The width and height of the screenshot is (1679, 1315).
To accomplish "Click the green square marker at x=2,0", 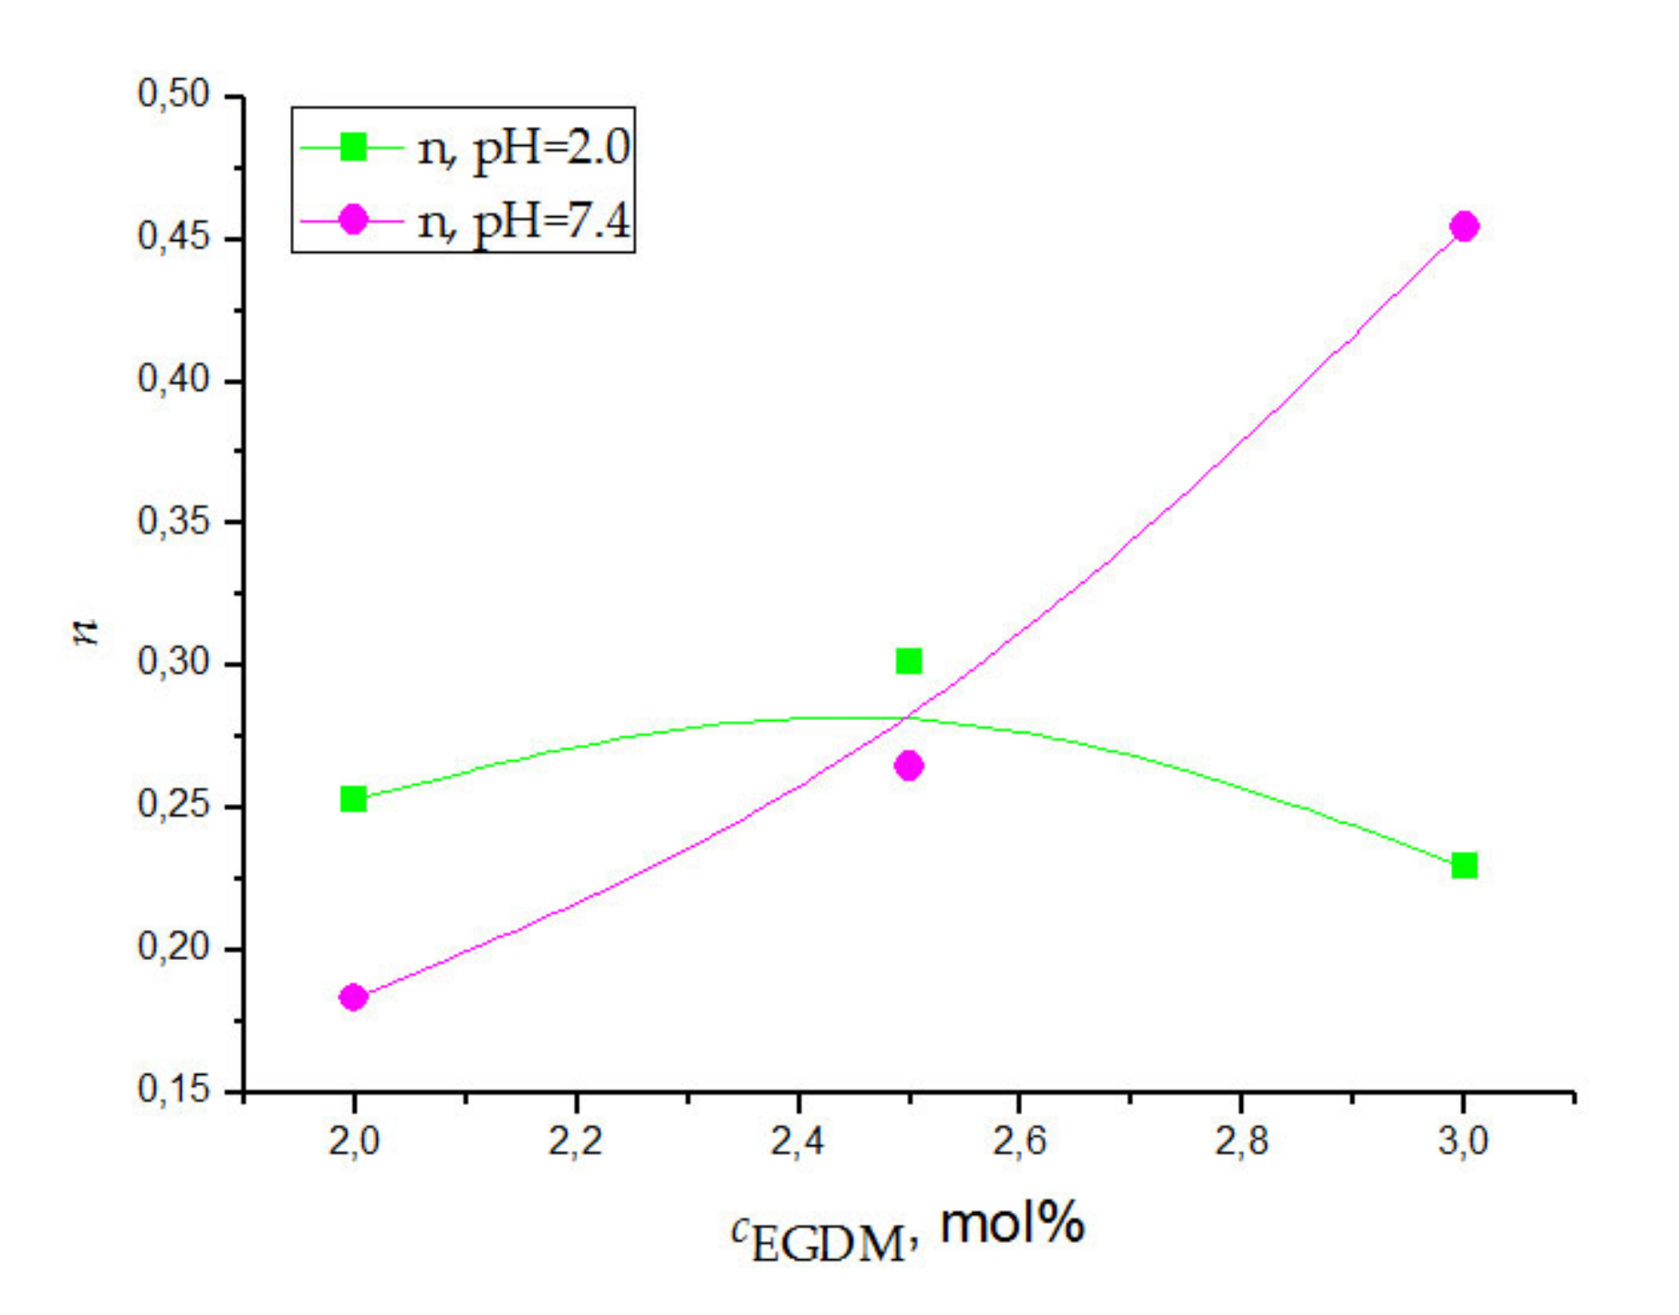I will (353, 799).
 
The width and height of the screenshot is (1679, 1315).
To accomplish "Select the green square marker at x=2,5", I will (909, 661).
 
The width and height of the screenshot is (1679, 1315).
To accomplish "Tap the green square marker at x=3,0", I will (1465, 865).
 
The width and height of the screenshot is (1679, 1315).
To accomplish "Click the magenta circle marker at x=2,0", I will (353, 997).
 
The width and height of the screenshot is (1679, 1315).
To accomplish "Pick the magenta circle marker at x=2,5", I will (909, 766).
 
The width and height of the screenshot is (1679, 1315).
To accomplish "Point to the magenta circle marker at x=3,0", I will (1465, 226).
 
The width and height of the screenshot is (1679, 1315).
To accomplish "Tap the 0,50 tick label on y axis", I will (173, 94).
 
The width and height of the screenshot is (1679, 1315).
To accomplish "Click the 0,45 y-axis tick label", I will (173, 236).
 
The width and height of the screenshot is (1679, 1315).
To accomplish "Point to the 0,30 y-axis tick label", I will (173, 663).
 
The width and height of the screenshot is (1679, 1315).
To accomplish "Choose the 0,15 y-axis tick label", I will (173, 1089).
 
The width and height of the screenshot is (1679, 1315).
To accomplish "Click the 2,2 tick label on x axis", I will (576, 1141).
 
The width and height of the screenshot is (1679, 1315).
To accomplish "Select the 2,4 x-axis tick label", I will (798, 1141).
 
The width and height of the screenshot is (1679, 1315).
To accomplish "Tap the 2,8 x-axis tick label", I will (1242, 1141).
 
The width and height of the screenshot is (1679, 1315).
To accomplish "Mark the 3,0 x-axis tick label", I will (1464, 1141).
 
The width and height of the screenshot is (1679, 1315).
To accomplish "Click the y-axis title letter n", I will (86, 631).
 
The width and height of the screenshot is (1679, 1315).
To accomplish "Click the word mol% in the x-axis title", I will (1012, 1223).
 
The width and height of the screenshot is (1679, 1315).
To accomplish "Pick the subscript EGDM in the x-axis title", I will (829, 1244).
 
